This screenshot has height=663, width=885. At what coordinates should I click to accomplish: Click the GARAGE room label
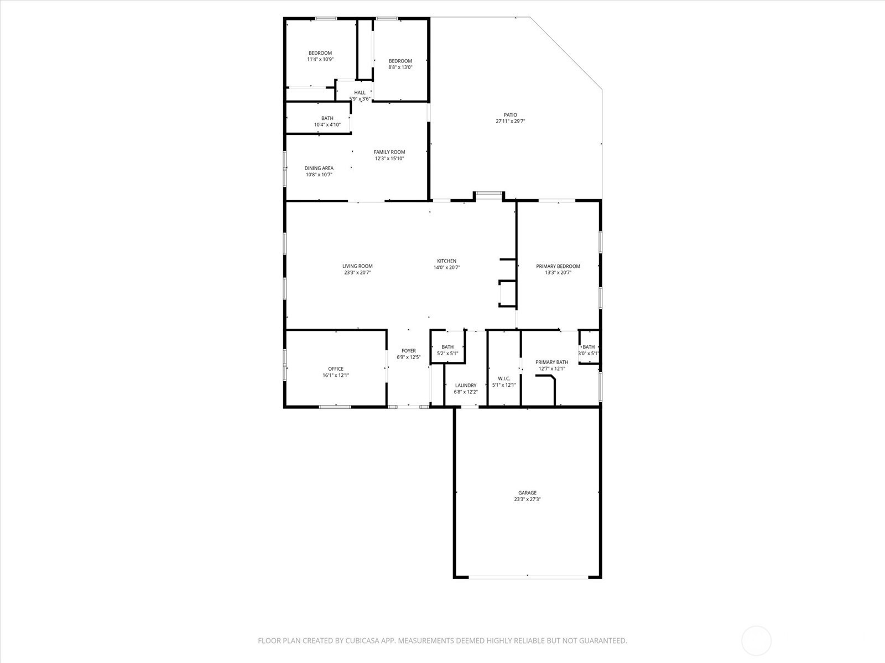[x=527, y=493]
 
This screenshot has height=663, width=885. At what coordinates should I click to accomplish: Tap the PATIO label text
[x=511, y=115]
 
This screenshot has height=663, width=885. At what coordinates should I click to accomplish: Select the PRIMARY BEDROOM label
[x=558, y=266]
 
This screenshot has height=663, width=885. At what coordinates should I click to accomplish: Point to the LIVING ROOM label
[x=358, y=266]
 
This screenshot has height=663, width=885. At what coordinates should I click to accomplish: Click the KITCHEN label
[x=447, y=261]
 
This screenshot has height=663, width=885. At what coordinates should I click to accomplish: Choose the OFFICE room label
[x=336, y=369]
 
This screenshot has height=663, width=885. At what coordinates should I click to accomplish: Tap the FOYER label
[x=409, y=351]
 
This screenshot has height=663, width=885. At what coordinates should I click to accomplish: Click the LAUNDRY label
[x=466, y=385]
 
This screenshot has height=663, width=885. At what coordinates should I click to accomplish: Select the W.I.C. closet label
[x=504, y=378]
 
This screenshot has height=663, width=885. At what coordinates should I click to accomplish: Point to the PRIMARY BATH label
[x=552, y=362]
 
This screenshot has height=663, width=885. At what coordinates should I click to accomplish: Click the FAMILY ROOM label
[x=389, y=152]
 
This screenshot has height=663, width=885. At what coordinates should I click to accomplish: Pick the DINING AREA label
[x=319, y=168]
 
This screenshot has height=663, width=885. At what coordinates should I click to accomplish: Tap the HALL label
[x=360, y=93]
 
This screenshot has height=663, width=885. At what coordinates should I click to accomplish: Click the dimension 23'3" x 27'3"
[x=527, y=499]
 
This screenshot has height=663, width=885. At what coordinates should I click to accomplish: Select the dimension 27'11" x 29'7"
[x=511, y=121]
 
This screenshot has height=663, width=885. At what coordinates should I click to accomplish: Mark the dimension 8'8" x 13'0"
[x=400, y=67]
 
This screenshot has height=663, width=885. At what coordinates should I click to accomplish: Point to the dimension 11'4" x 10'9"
[x=320, y=59]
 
